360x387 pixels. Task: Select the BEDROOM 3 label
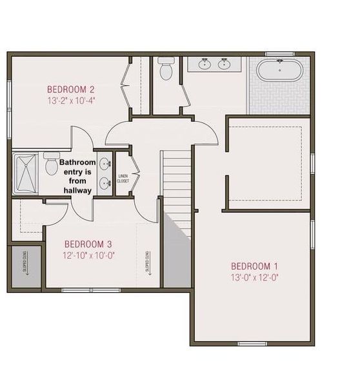[x=88, y=244]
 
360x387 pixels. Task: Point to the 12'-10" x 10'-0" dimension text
[x=88, y=255]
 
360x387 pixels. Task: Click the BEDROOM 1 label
[x=254, y=266]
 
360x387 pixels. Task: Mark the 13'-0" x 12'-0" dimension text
[x=254, y=278]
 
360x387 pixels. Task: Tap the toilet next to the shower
[x=52, y=164]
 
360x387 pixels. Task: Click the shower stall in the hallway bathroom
[x=27, y=173]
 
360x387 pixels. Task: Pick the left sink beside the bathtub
[x=205, y=64]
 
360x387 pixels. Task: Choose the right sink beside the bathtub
[x=224, y=64]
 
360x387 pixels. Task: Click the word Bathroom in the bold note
[x=78, y=163]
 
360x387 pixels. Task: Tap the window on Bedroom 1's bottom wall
[x=252, y=342]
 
